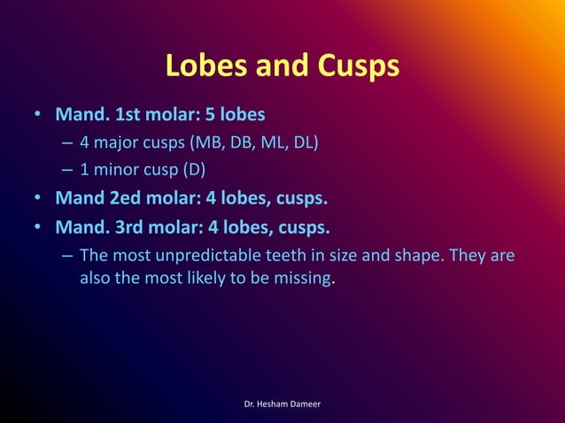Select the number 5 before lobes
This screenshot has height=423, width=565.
click(x=210, y=115)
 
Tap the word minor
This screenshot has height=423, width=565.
click(x=112, y=169)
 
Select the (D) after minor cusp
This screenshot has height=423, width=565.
click(x=192, y=169)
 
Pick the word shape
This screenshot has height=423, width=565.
click(x=415, y=256)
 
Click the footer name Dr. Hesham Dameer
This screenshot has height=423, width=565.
click(x=282, y=404)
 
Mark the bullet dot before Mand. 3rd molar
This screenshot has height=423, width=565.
click(x=37, y=228)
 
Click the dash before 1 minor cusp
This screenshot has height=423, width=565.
click(x=67, y=169)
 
